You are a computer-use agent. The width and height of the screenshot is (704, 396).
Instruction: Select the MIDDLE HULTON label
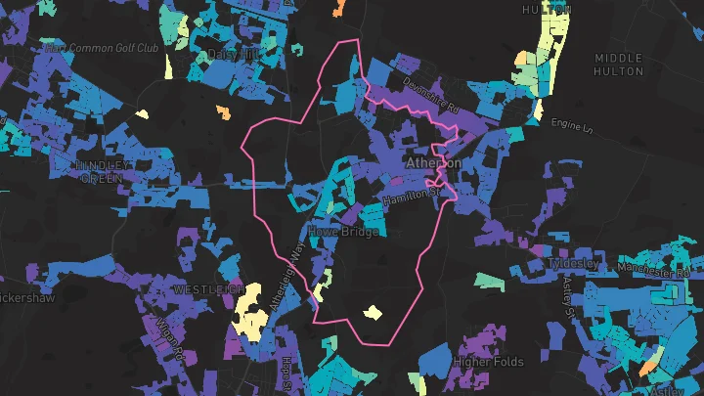pos(619,65)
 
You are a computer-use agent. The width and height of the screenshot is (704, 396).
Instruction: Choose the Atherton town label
pos(433,163)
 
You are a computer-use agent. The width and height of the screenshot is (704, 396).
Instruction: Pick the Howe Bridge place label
pos(343,231)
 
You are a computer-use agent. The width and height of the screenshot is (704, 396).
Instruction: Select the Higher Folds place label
pos(489,362)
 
